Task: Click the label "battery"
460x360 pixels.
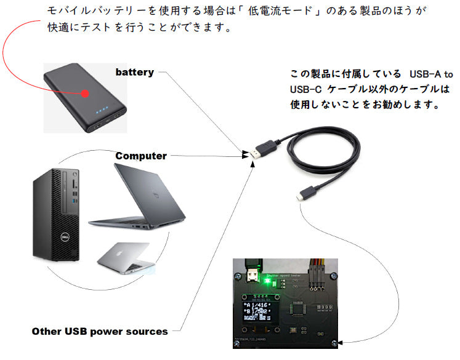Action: [134, 72]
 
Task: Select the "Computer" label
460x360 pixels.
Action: [141, 156]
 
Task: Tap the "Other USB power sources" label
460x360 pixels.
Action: [100, 332]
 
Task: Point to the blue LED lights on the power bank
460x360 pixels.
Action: [101, 113]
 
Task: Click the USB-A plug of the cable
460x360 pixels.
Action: [263, 151]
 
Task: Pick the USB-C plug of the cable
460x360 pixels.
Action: [301, 196]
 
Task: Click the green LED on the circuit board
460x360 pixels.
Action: [268, 282]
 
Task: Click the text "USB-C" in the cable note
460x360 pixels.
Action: [305, 89]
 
